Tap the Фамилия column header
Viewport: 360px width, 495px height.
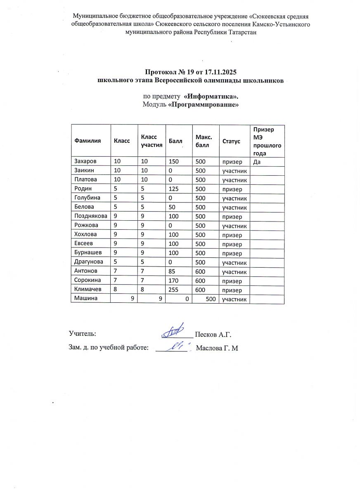pos(88,141)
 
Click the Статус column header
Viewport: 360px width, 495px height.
pos(231,141)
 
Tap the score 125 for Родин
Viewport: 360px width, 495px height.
pos(173,189)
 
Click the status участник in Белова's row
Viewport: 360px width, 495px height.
pos(234,207)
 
